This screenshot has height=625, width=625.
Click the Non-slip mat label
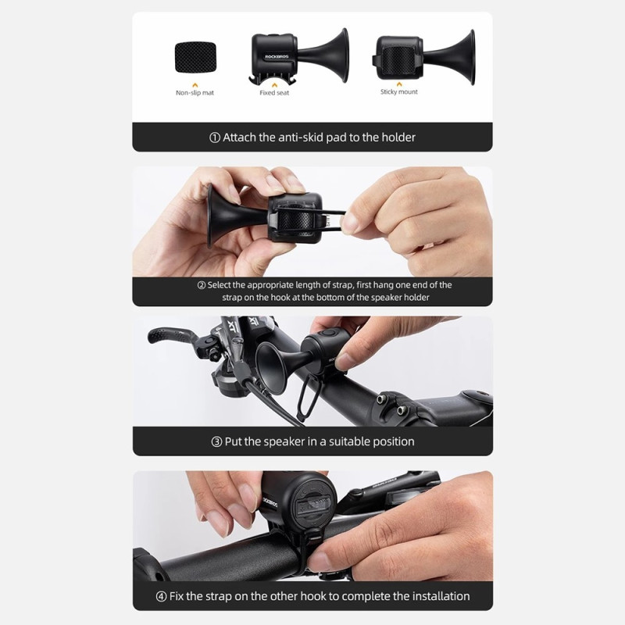pyautogui.click(x=195, y=93)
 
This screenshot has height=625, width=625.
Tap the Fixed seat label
pyautogui.click(x=273, y=93)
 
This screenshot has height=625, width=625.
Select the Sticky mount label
pyautogui.click(x=398, y=92)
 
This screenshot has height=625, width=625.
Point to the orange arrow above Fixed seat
pyautogui.click(x=273, y=83)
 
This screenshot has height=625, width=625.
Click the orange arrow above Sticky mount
pyautogui.click(x=398, y=82)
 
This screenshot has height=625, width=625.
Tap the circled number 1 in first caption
pyautogui.click(x=215, y=137)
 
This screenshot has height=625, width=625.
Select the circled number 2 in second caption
pyautogui.click(x=201, y=285)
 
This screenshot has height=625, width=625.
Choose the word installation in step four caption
pyautogui.click(x=437, y=596)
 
